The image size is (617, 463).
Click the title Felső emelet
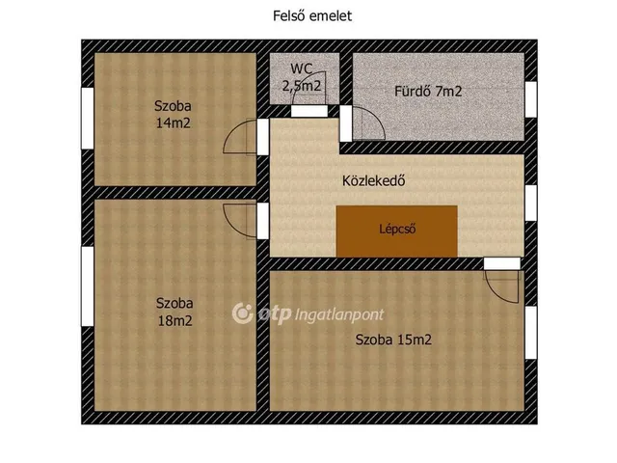pyautogui.click(x=312, y=16)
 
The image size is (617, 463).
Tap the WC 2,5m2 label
pyautogui.click(x=302, y=77)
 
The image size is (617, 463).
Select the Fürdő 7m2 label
pyautogui.click(x=428, y=92)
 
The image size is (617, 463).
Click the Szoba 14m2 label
pyautogui.click(x=174, y=115)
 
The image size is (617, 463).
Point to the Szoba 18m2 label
pyautogui.click(x=174, y=313)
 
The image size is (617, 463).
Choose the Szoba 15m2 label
pyautogui.click(x=393, y=340)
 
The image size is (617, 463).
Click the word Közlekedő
pyautogui.click(x=373, y=180)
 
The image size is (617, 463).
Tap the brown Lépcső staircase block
pyautogui.click(x=396, y=231)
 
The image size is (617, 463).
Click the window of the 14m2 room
pyautogui.click(x=88, y=118)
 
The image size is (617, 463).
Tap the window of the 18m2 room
pyautogui.click(x=88, y=286)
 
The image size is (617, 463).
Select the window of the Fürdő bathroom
pyautogui.click(x=531, y=99)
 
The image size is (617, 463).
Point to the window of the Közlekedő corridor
pyautogui.click(x=531, y=204)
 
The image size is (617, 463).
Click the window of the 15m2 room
pyautogui.click(x=531, y=333)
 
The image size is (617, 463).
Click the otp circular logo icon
pyautogui.click(x=242, y=313)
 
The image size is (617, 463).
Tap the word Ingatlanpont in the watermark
pyautogui.click(x=339, y=315)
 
